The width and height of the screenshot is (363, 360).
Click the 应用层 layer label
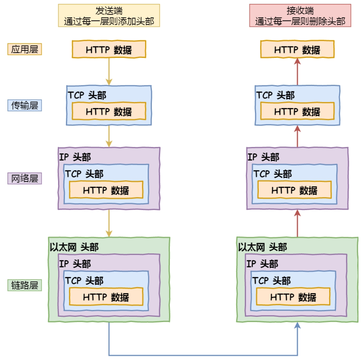[x=24, y=49]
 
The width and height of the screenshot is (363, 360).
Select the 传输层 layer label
[x=24, y=106]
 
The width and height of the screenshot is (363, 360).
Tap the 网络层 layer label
[x=24, y=178]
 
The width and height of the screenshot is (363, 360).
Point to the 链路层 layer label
[x=24, y=285]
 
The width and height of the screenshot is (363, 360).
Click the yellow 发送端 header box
[x=109, y=16]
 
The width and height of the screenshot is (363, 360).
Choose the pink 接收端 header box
[x=300, y=16]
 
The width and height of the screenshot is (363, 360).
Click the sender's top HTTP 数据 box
[x=109, y=49]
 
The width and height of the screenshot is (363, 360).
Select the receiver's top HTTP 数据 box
[x=297, y=49]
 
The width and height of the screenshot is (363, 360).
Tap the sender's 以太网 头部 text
[x=74, y=247]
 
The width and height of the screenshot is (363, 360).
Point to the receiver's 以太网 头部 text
[x=262, y=247]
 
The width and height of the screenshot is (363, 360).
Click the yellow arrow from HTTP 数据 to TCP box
[x=109, y=72]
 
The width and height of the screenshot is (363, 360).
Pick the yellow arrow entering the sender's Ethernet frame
[x=109, y=223]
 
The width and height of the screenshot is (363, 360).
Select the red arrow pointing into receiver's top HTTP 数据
[x=297, y=72]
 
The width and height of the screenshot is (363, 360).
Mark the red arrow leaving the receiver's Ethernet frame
[x=297, y=223]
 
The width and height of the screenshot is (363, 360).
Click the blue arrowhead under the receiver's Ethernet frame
[x=297, y=325]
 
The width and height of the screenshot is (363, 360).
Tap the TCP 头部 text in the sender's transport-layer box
[x=87, y=95]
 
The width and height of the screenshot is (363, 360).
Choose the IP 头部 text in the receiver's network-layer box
[x=263, y=157]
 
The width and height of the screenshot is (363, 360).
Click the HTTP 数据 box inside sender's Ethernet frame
[x=106, y=297]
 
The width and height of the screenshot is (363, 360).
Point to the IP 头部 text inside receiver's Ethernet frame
[x=262, y=264]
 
